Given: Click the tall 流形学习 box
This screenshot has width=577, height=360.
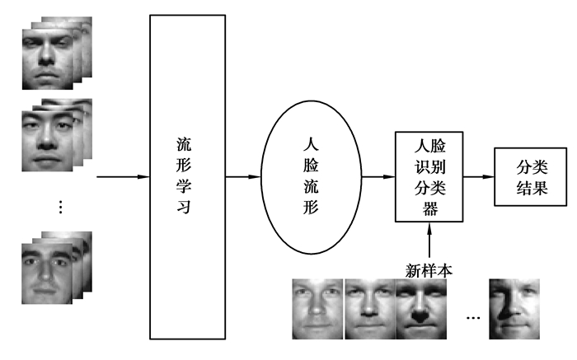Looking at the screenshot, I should [x=186, y=176].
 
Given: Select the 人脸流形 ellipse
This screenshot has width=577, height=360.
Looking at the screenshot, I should [x=311, y=176].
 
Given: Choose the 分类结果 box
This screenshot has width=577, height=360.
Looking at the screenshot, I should [x=531, y=176].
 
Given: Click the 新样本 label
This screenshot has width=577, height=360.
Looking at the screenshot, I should [x=429, y=269].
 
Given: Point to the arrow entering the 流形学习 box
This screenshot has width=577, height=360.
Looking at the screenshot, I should [x=122, y=176].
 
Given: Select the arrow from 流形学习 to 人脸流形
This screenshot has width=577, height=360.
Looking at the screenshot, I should [x=243, y=176].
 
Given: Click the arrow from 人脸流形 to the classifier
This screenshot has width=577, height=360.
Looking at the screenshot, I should [x=378, y=176].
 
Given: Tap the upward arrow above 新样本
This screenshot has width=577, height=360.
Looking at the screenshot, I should [x=429, y=241].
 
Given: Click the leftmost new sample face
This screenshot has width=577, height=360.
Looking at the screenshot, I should [x=317, y=309].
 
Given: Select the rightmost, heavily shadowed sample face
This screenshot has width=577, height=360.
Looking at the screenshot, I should [x=514, y=309].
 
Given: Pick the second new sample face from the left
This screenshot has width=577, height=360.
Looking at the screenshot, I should [x=369, y=309].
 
